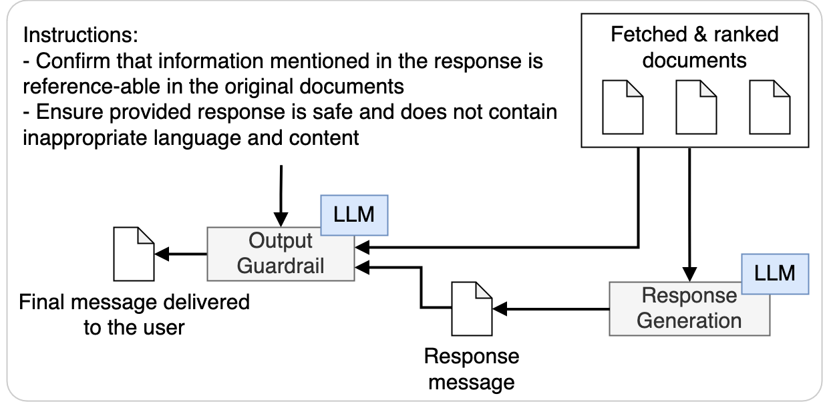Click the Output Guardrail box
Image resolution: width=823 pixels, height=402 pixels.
(x=281, y=254)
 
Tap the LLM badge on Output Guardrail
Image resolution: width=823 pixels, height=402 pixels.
(x=355, y=216)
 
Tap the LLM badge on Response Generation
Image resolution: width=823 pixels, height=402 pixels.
(x=774, y=273)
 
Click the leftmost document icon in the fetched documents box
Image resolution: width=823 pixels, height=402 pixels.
(x=623, y=107)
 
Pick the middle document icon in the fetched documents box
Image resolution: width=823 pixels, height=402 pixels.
(x=695, y=107)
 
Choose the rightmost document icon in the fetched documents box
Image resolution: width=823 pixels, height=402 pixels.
(x=768, y=107)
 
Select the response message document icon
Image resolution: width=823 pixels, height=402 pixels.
(x=472, y=309)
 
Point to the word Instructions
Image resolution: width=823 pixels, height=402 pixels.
(x=79, y=35)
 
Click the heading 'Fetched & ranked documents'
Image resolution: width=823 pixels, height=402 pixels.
(x=695, y=47)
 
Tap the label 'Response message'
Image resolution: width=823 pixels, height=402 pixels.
(x=472, y=369)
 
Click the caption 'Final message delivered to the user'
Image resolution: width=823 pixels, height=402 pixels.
(x=134, y=315)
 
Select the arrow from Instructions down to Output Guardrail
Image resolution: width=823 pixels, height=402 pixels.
(x=281, y=194)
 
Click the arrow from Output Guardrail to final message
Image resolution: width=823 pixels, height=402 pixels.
(x=181, y=254)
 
